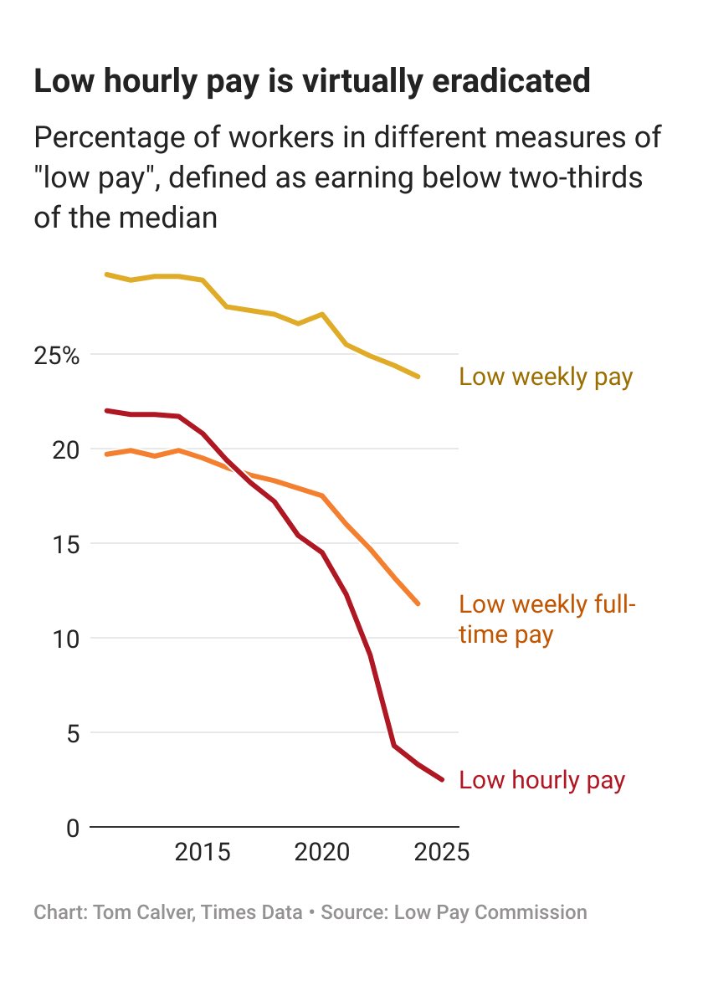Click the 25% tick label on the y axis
pyautogui.click(x=57, y=356)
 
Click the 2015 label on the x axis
pyautogui.click(x=203, y=854)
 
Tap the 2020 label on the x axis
pyautogui.click(x=322, y=854)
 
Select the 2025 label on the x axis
pyautogui.click(x=441, y=854)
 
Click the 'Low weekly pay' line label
pyautogui.click(x=546, y=377)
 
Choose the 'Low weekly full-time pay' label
pyautogui.click(x=546, y=619)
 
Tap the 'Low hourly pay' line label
pyautogui.click(x=542, y=780)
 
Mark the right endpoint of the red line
pyautogui.click(x=443, y=780)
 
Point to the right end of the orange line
pyautogui.click(x=418, y=603)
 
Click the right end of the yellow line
pyautogui.click(x=418, y=377)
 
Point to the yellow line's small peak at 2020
pyautogui.click(x=322, y=314)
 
